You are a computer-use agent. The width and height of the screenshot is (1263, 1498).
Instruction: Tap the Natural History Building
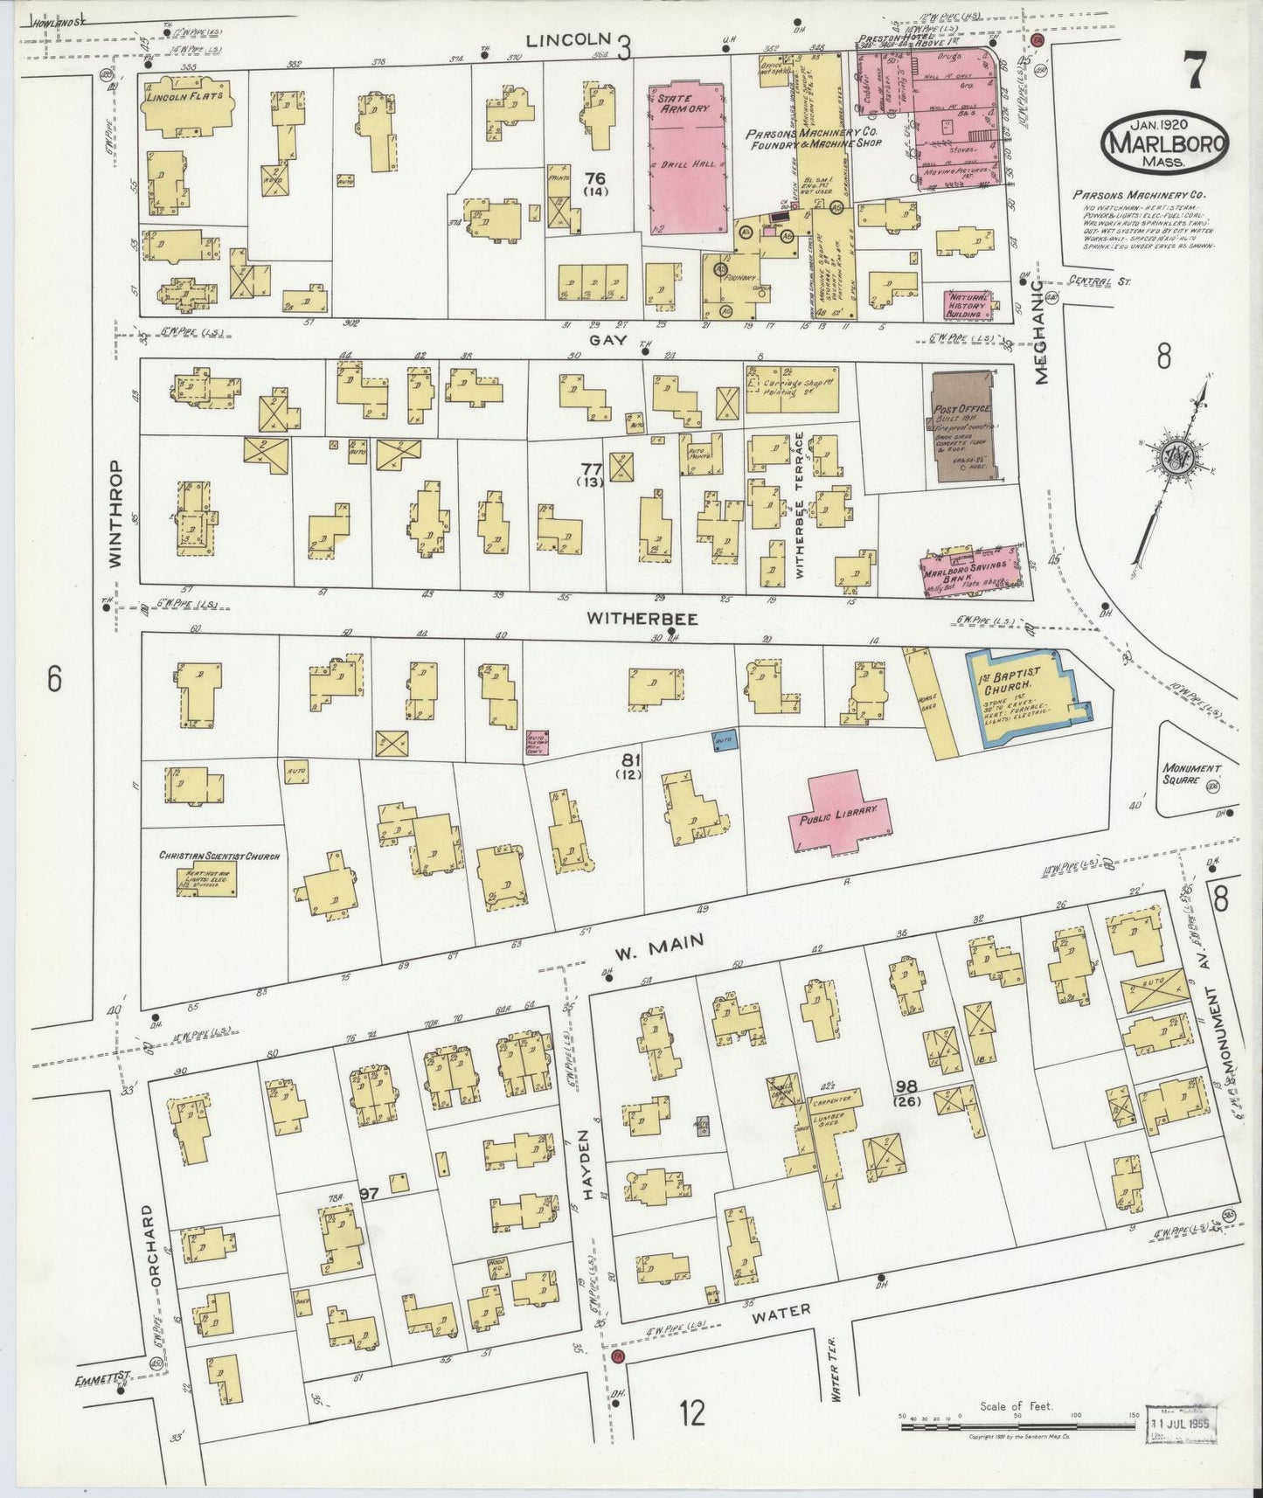(x=971, y=303)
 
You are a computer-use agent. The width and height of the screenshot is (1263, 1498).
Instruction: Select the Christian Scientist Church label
(x=219, y=856)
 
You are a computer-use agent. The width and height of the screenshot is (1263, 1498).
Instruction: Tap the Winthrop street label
(x=115, y=515)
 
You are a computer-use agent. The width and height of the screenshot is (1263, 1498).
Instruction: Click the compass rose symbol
(x=1174, y=454)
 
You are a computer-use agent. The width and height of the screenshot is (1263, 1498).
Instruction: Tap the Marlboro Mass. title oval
(x=1164, y=142)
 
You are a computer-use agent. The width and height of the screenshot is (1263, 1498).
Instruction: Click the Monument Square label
(x=1190, y=774)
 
